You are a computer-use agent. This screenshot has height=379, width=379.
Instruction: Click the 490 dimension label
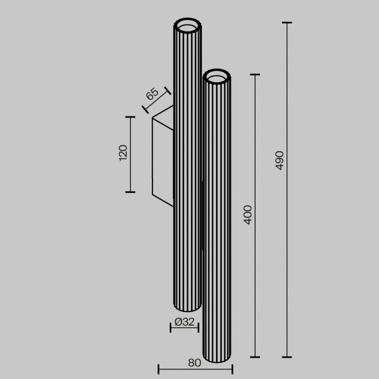click(279, 161)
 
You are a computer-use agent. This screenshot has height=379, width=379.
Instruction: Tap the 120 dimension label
click(124, 153)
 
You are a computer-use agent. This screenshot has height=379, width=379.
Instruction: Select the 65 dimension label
click(152, 94)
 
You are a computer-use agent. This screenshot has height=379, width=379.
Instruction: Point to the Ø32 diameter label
click(185, 322)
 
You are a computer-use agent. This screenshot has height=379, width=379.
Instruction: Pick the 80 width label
click(195, 362)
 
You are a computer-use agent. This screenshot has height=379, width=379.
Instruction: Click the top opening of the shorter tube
click(217, 77)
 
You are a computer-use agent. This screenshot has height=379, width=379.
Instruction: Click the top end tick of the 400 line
click(255, 75)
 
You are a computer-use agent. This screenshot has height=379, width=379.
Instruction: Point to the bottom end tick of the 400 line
click(255, 356)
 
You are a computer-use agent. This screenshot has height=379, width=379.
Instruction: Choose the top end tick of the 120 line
click(131, 117)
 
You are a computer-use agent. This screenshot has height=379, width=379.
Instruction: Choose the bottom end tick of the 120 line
click(131, 192)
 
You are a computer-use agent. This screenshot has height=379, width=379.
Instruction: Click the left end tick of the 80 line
click(158, 369)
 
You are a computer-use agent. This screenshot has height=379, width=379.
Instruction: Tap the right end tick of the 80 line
click(232, 369)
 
